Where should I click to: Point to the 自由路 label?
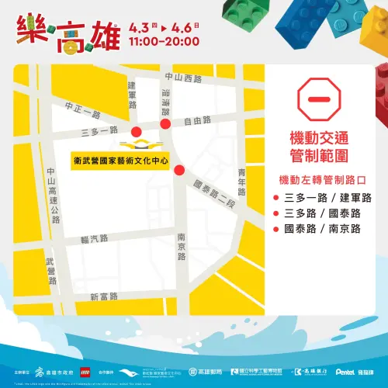pyautogui.click(x=198, y=121)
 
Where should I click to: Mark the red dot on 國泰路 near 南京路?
pyautogui.click(x=179, y=171)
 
